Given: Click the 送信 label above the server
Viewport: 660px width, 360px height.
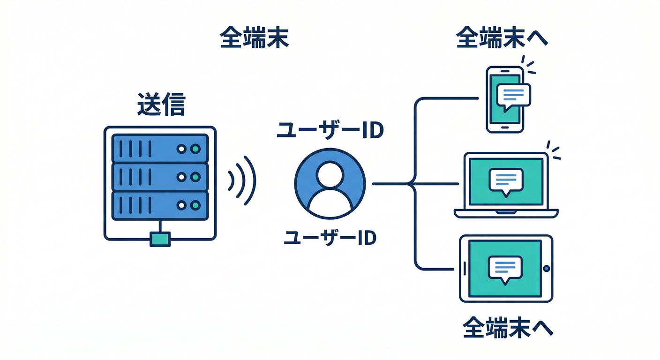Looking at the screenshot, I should (161, 105).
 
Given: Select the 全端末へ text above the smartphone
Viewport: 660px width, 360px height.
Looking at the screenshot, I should (502, 39).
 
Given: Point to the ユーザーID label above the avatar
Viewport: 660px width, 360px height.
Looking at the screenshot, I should (330, 131).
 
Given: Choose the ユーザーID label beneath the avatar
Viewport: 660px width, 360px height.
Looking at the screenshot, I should (330, 238).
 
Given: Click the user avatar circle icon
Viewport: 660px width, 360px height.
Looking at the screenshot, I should (330, 184).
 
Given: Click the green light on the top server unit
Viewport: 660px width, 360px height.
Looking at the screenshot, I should (195, 149).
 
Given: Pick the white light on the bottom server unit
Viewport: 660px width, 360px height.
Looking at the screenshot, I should (181, 205).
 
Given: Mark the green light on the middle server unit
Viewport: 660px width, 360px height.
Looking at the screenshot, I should (195, 177).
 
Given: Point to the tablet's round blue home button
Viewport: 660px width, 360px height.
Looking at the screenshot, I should (546, 269).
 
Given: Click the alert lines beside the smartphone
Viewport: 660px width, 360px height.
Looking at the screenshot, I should (529, 67).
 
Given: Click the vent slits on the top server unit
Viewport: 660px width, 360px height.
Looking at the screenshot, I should (135, 149).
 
